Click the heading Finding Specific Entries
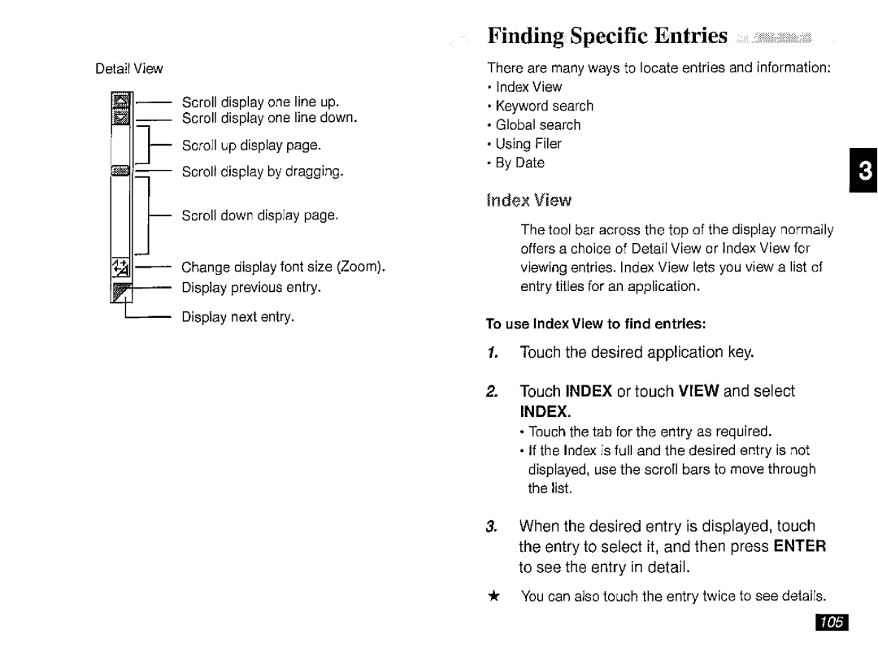[607, 35]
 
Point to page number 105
[828, 623]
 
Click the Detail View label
[129, 69]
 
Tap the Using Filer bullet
[528, 144]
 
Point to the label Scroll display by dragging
[263, 172]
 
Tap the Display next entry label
[237, 315]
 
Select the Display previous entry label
[251, 287]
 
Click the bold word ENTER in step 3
[800, 546]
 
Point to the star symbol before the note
[493, 596]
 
